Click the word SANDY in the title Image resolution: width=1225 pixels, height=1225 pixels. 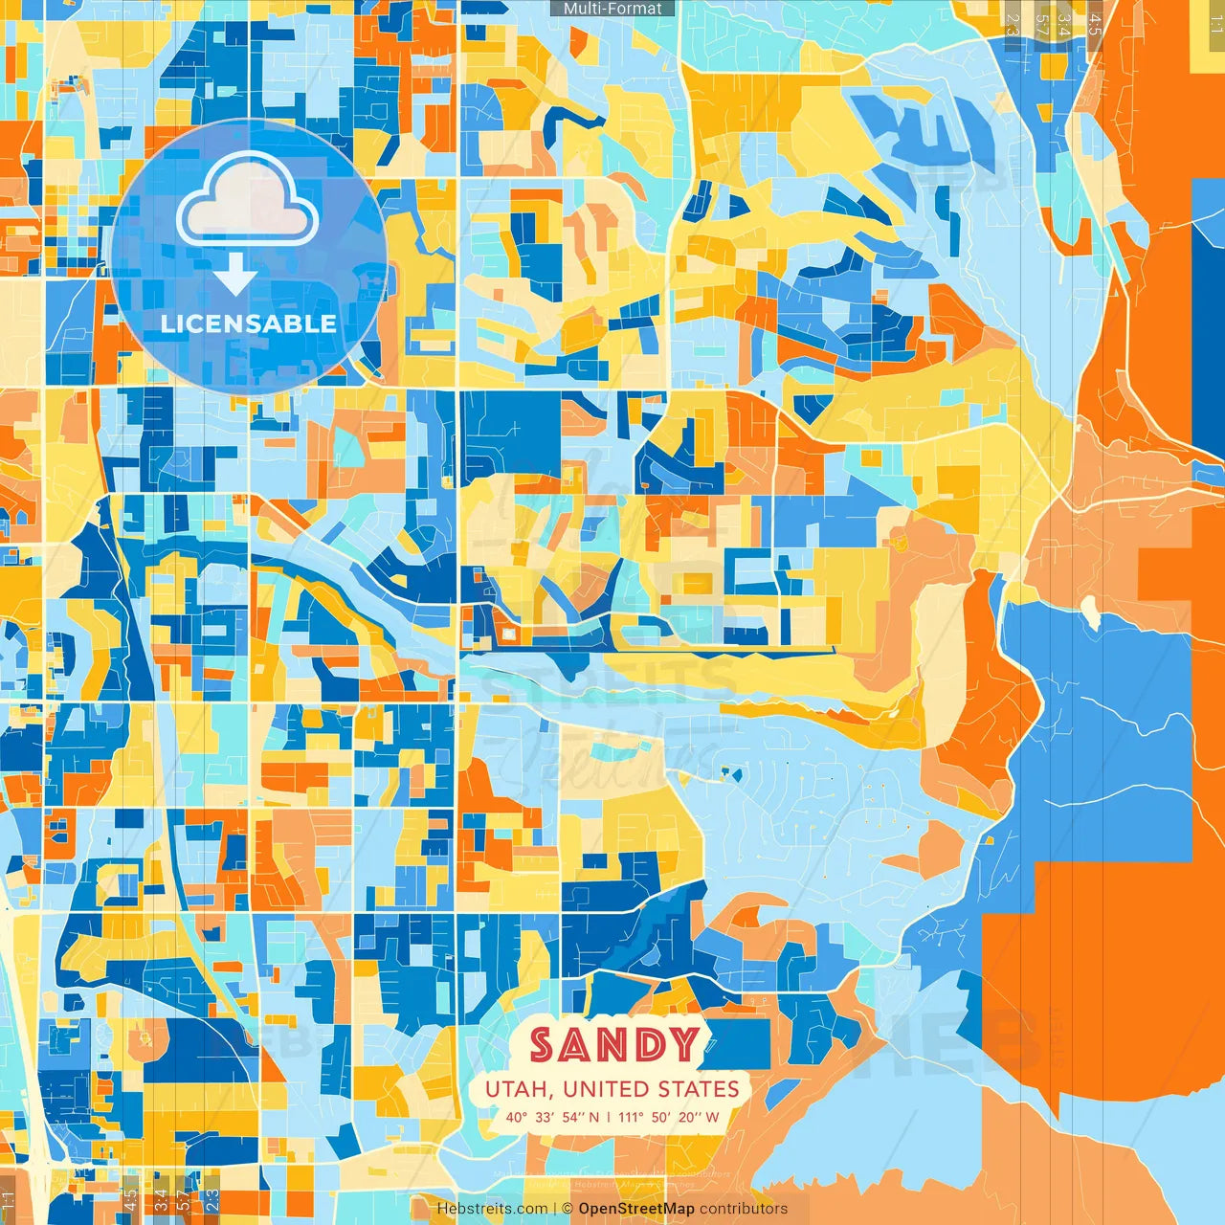coord(613,1044)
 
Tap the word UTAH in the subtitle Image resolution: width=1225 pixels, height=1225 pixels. coord(520,1089)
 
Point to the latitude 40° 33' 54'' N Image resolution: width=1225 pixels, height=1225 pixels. coord(553,1117)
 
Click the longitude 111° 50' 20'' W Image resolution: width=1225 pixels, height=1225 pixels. coord(669,1117)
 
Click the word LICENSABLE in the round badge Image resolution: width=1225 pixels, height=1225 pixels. coord(249,323)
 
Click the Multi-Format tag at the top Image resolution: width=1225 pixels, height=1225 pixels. coord(612,9)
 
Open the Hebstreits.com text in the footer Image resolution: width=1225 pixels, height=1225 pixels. coord(492,1209)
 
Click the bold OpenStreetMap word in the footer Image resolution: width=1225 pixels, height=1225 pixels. coord(636,1209)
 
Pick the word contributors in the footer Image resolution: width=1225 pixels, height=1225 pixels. coord(744,1209)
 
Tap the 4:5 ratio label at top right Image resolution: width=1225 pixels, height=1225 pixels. coord(1095,17)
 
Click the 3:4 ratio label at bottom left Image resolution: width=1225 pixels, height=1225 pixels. coord(161,1199)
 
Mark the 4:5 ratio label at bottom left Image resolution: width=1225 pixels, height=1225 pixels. coord(130,1199)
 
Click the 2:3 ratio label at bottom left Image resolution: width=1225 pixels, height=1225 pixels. coord(212,1199)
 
